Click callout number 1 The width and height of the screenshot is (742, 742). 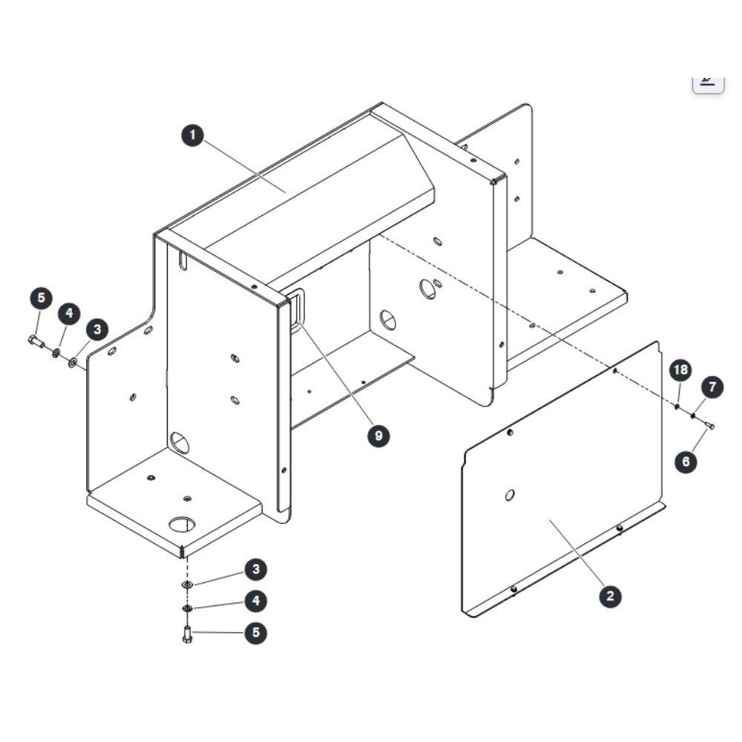[x=193, y=135]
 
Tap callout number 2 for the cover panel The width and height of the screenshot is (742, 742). [x=610, y=596]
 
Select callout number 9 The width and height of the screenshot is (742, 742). [x=378, y=436]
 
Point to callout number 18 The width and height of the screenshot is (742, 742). [x=680, y=370]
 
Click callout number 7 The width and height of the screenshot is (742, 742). [x=712, y=387]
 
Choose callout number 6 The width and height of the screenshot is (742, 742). [x=686, y=461]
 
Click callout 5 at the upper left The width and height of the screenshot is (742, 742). [x=41, y=298]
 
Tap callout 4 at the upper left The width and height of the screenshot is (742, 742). [x=69, y=313]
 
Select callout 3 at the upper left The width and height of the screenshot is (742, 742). [x=97, y=329]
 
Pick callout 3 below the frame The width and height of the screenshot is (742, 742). [x=256, y=569]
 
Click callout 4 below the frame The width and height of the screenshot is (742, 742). [x=256, y=601]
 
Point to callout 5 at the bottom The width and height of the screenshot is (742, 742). [x=256, y=633]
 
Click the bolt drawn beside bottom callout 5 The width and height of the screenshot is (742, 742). [x=187, y=634]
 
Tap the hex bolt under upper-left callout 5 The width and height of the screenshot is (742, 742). [x=36, y=341]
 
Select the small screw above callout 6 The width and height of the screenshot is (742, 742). [x=709, y=426]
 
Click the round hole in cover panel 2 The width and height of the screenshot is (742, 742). [x=510, y=496]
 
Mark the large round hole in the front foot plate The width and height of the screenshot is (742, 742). [x=183, y=524]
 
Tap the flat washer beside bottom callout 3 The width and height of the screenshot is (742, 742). [x=188, y=585]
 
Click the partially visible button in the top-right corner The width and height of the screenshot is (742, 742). [x=709, y=85]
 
